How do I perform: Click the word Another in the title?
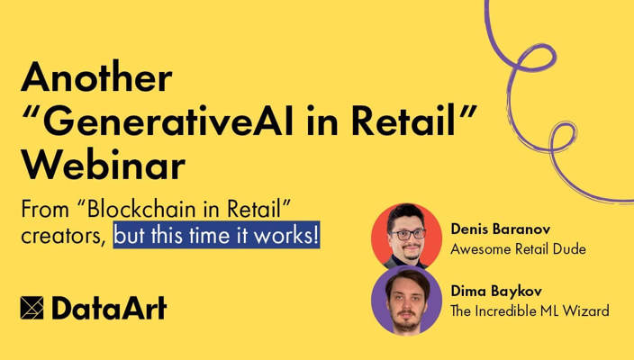95,79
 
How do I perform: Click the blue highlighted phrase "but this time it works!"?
217,238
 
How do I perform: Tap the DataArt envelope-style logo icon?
32,308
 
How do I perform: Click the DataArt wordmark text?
109,308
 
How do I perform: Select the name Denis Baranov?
501,229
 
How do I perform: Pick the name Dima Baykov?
496,292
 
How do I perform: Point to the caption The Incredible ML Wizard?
530,310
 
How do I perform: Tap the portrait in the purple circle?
407,301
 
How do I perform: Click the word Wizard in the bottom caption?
588,310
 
